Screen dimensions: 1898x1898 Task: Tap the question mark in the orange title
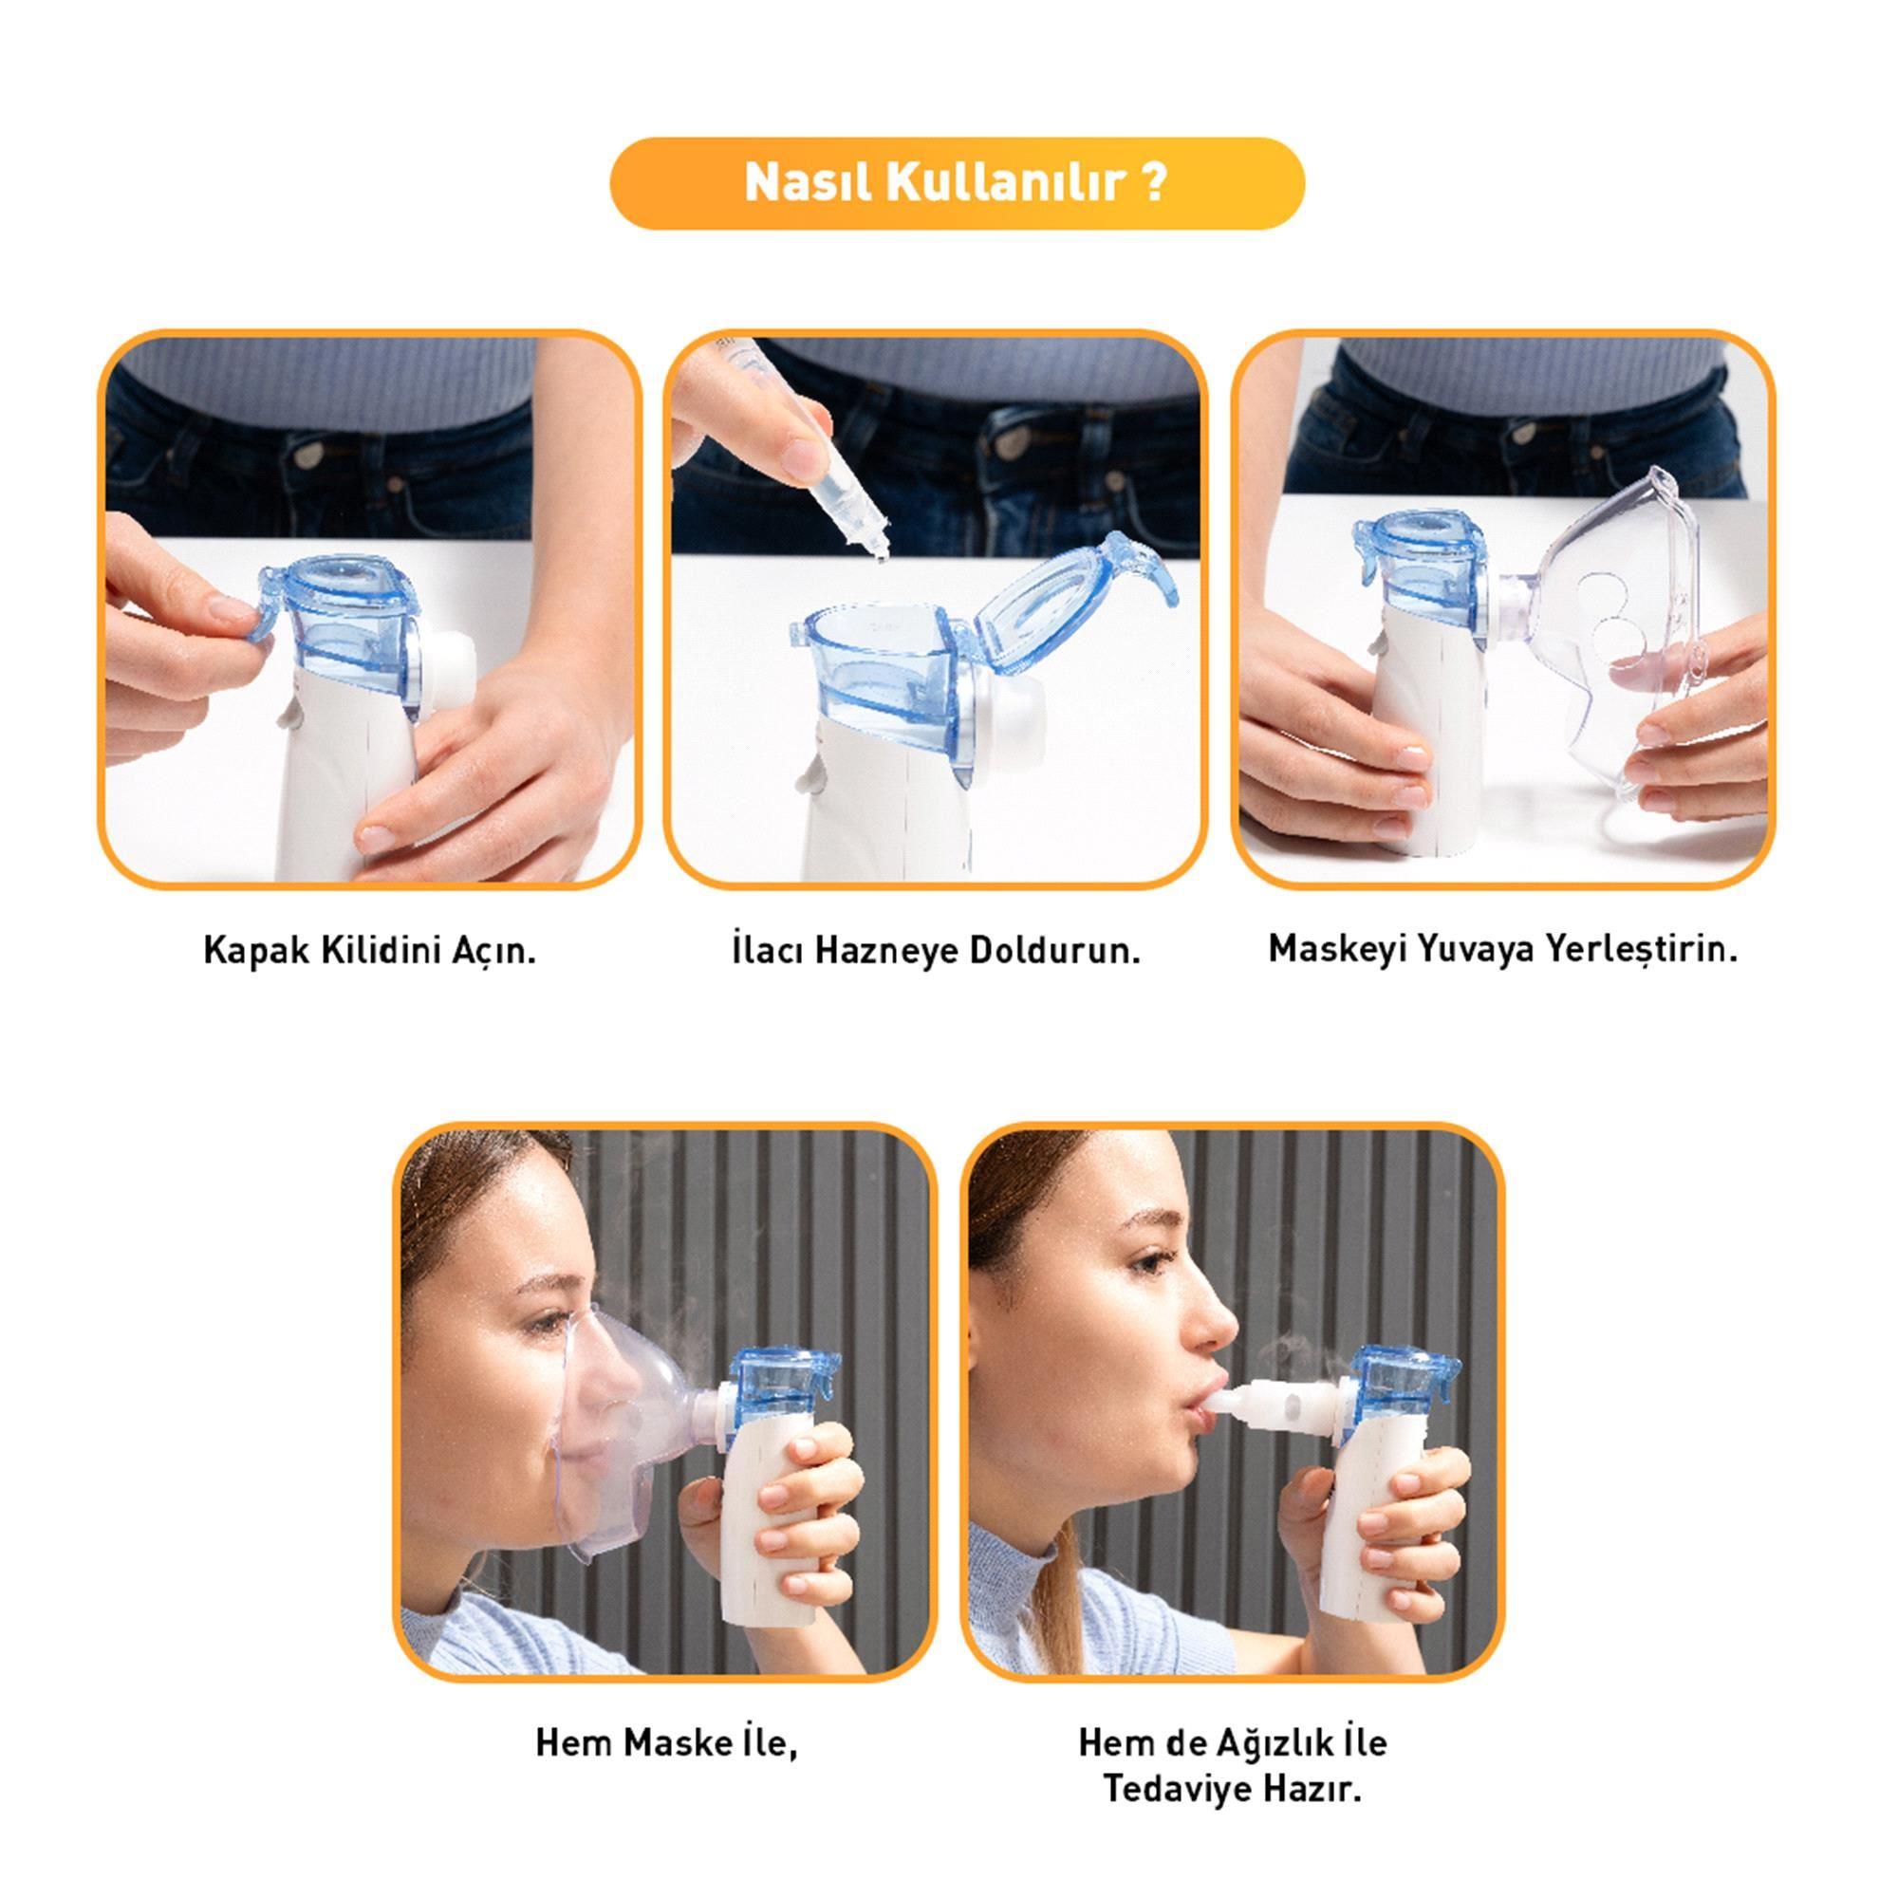point(1155,183)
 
